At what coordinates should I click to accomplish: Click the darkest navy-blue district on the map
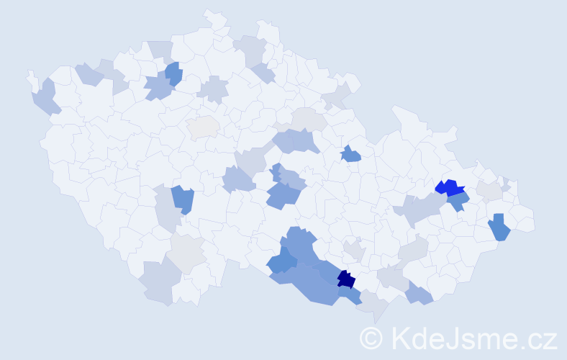346,279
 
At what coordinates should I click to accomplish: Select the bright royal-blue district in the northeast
449,189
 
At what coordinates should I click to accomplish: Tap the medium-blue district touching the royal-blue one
458,202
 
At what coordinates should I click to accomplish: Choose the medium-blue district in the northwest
173,73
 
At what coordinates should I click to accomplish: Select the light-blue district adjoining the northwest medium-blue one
158,89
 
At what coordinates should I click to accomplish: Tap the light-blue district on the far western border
45,98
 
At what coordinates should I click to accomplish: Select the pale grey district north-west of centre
203,127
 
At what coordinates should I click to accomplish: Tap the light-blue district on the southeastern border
419,293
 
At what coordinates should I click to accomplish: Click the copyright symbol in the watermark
371,338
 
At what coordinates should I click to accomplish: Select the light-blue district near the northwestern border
89,73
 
